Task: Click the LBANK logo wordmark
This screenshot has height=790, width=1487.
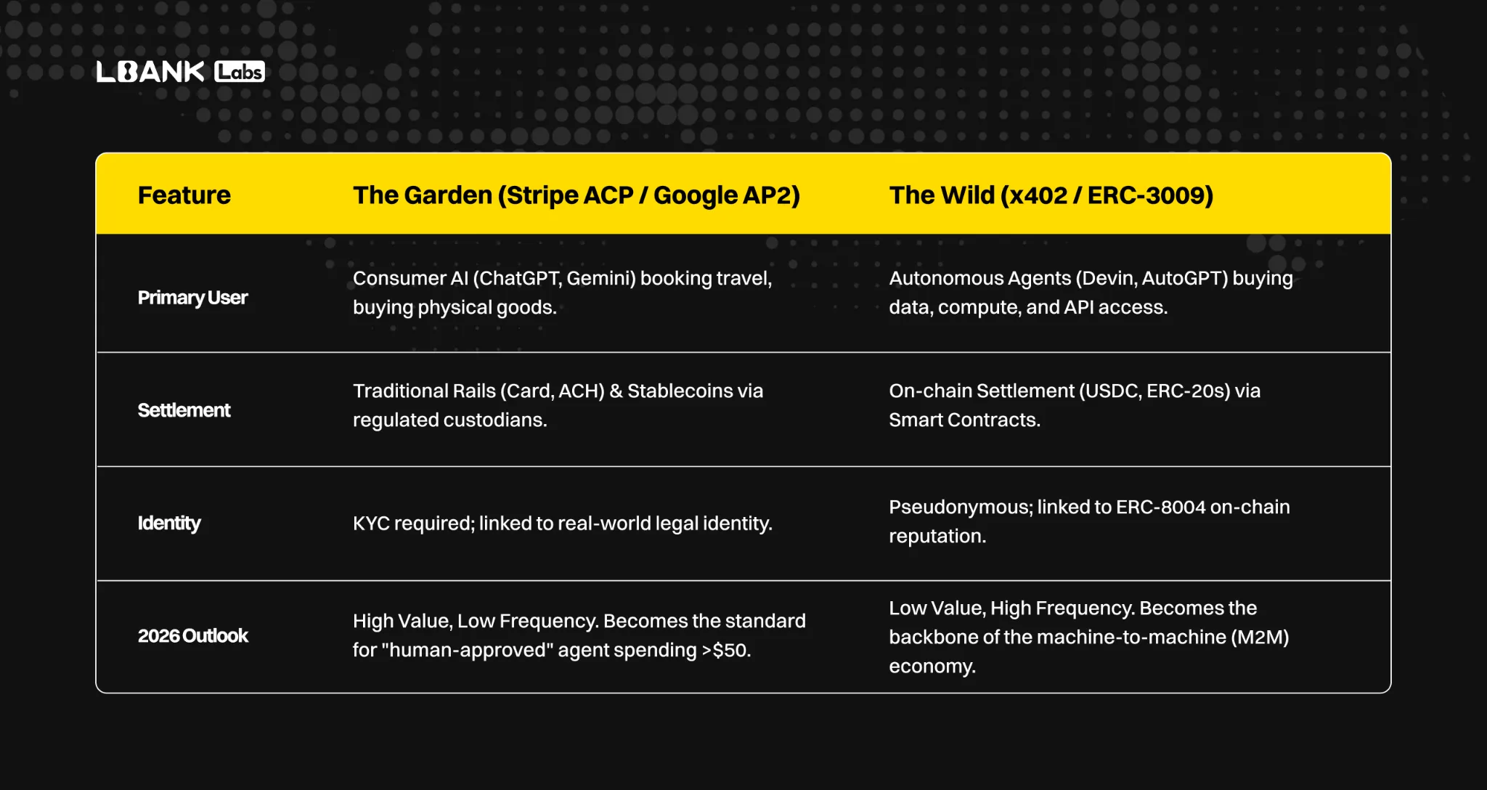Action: click(x=150, y=71)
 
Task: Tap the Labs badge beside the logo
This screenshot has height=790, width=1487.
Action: click(x=240, y=71)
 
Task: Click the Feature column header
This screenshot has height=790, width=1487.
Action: click(x=184, y=195)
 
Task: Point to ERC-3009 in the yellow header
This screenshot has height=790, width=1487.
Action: click(x=1150, y=195)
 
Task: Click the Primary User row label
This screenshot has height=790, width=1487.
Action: click(x=193, y=298)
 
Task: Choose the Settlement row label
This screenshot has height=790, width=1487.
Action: click(x=184, y=410)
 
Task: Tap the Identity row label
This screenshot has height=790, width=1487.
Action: click(x=169, y=524)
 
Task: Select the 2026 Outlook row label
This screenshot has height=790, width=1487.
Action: click(x=193, y=636)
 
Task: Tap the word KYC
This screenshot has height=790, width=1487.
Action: click(x=370, y=524)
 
